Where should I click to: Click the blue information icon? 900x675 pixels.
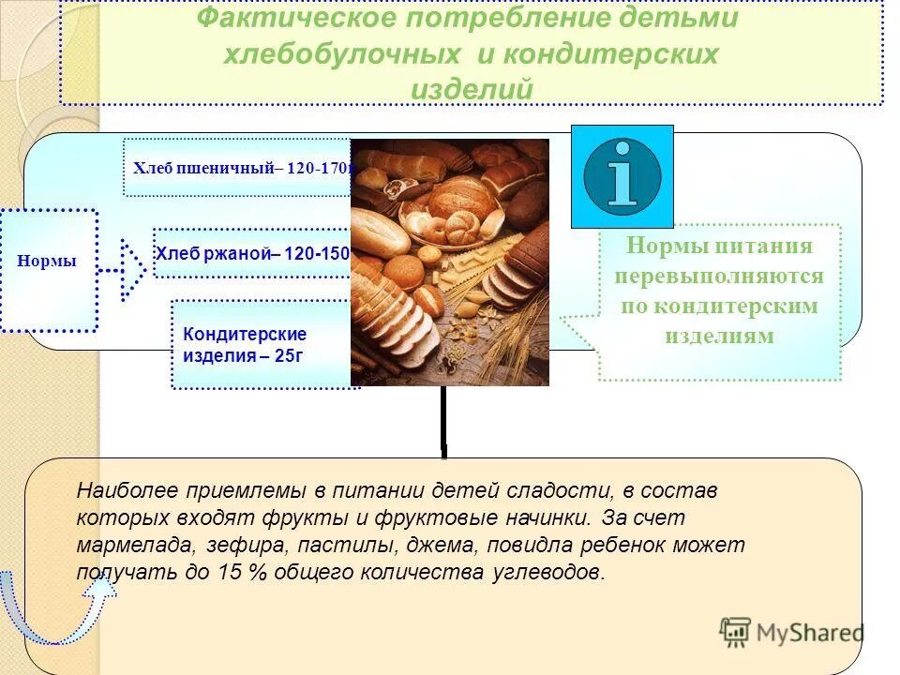[622, 176]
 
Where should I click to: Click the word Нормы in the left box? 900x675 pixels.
[47, 262]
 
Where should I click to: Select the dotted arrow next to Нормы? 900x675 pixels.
[124, 270]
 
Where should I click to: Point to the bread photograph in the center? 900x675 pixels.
[449, 262]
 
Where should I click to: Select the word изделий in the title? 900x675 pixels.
[472, 88]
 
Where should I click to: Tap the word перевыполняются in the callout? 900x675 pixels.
[719, 277]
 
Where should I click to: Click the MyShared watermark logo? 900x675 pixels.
[791, 632]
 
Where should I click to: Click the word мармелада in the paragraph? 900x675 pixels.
[127, 545]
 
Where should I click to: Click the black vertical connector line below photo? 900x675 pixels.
[443, 422]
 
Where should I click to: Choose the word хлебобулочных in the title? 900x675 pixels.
[341, 54]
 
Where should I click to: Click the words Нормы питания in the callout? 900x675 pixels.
[719, 247]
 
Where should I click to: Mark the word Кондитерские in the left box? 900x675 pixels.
[245, 334]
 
